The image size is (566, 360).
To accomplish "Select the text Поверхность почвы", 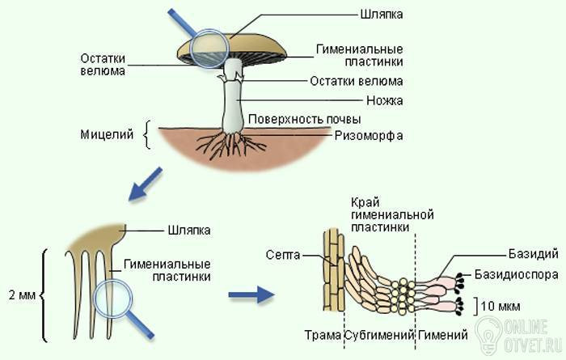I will (298, 120).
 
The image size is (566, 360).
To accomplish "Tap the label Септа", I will (282, 255).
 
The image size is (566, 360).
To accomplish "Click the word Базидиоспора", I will (516, 274).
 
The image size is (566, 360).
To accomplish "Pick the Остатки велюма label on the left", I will (102, 64).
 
